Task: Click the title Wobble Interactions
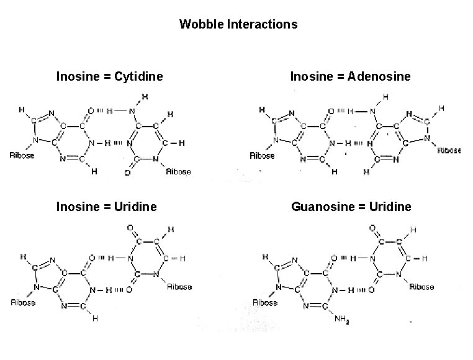coord(238,25)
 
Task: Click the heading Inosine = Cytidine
coord(109,76)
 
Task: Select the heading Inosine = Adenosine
coord(350,76)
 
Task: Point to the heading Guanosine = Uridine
coord(351,206)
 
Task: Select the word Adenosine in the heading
coord(379,76)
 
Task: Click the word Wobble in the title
coord(198,25)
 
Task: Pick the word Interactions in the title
coord(259,25)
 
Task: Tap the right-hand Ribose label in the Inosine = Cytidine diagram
coord(179,172)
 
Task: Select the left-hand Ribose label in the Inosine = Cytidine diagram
coord(22,156)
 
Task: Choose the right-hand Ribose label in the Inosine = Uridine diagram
coord(179,287)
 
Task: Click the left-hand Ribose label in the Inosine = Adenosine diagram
coord(262,156)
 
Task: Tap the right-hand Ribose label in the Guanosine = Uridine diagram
coord(422,287)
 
